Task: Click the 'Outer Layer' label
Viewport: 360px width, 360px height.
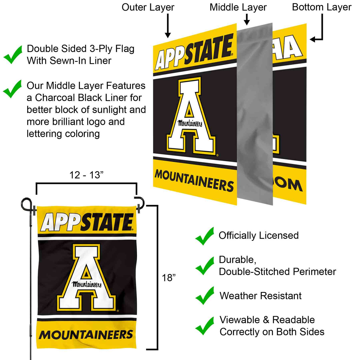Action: click(x=148, y=7)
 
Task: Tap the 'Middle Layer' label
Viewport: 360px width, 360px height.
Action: click(x=238, y=7)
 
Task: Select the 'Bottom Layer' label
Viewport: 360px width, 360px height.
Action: click(x=321, y=7)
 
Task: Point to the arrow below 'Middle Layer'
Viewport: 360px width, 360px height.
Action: click(x=247, y=19)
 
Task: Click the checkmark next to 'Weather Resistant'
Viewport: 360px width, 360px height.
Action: click(x=205, y=296)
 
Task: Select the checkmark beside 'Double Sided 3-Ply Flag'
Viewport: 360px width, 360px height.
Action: click(x=13, y=55)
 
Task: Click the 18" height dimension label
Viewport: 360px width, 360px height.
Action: click(x=168, y=278)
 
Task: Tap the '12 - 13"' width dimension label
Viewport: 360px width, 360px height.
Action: click(x=86, y=175)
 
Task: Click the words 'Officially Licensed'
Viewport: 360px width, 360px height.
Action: click(x=258, y=235)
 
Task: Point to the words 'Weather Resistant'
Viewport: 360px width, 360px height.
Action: click(x=260, y=296)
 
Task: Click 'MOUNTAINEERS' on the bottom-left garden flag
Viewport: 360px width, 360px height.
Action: click(x=86, y=335)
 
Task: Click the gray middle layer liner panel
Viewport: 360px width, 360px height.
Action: click(x=255, y=112)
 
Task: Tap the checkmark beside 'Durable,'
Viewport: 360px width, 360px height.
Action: click(x=205, y=265)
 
